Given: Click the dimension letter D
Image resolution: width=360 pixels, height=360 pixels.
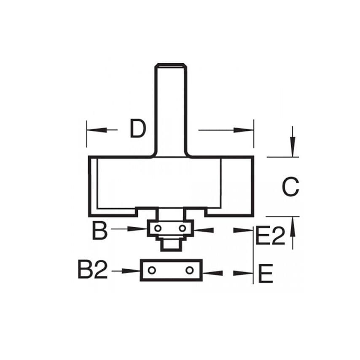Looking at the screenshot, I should point(137,129).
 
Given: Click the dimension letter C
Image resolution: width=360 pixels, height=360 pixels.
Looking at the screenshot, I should point(290,187).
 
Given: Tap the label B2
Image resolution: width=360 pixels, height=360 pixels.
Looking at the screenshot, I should point(93,270).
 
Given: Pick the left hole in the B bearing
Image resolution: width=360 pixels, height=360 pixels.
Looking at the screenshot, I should point(157,228).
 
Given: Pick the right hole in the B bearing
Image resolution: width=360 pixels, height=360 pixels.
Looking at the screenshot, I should point(182,228).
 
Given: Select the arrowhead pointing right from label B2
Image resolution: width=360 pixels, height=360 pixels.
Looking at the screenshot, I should point(132,270).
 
